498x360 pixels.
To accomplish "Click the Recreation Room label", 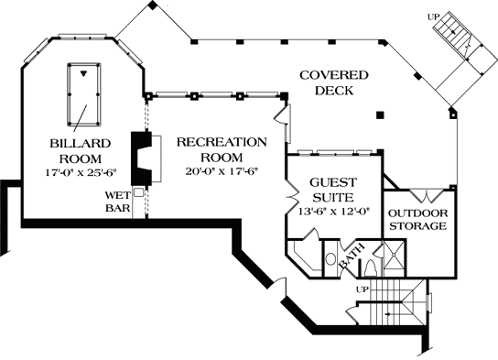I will point(222,149).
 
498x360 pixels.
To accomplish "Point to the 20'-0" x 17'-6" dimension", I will point(222,172).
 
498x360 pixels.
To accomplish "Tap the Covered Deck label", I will point(331,83).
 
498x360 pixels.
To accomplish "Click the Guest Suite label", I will point(333,190).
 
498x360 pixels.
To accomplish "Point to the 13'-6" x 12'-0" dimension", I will point(333,211).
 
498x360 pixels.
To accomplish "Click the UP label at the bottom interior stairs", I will point(361,289).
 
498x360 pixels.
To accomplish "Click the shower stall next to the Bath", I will point(395,258).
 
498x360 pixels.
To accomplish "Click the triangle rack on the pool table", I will point(85,74).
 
